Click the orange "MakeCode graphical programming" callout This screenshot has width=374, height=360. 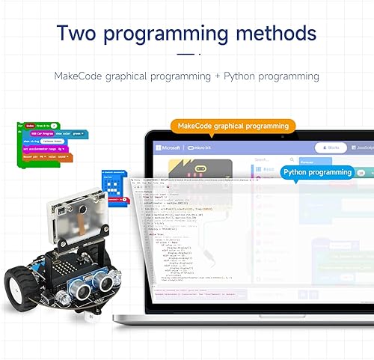click(x=233, y=126)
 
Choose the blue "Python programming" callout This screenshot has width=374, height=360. click(x=316, y=172)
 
